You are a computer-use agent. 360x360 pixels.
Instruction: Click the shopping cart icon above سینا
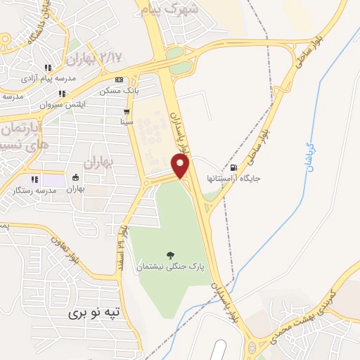pyautogui.click(x=127, y=112)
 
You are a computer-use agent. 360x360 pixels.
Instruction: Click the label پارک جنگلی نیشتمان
pyautogui.click(x=172, y=267)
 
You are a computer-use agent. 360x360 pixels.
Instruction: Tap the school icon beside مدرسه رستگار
pyautogui.click(x=34, y=179)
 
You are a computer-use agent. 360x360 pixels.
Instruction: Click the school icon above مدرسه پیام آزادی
pyautogui.click(x=49, y=68)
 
